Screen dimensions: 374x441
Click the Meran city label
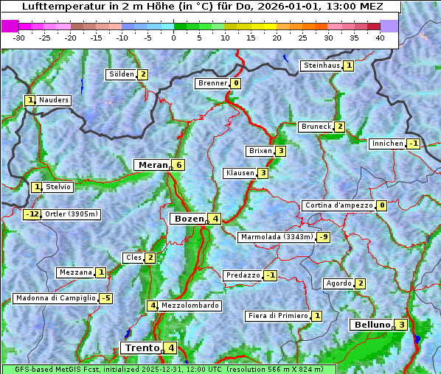tap(151, 165)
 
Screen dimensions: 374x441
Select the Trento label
tap(142, 348)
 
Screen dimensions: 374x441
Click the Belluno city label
tap(371, 325)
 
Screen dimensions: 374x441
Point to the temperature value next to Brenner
tap(236, 83)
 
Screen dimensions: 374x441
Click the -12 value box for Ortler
tap(32, 214)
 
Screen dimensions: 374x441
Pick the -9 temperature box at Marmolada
tap(324, 237)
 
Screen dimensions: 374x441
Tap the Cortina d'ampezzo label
tap(338, 205)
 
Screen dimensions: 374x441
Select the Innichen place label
tap(387, 144)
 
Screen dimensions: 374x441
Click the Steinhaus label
tap(322, 66)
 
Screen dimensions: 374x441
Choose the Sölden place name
tap(121, 74)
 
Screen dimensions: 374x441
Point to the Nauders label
tap(54, 100)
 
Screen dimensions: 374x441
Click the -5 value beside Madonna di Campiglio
tap(106, 298)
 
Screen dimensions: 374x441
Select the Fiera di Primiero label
tap(277, 316)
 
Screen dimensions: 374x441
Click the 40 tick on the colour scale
tap(380, 38)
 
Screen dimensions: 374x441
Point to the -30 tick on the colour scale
tap(19, 38)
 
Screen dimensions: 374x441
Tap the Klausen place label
tap(239, 173)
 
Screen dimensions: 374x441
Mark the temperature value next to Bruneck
tap(339, 127)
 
